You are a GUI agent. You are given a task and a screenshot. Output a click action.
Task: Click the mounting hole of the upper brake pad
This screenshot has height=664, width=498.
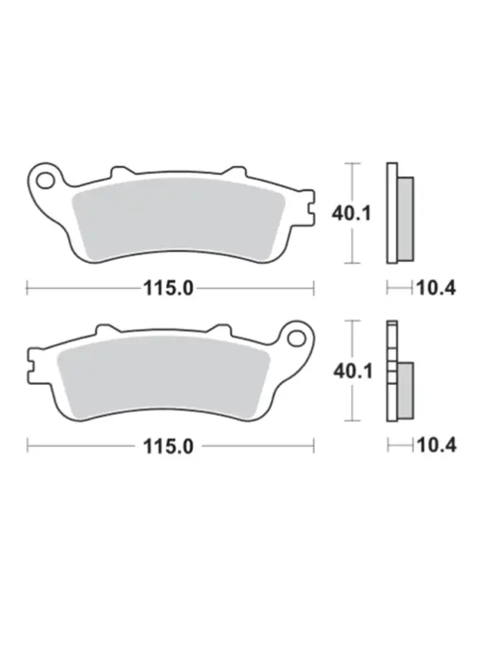(x=44, y=180)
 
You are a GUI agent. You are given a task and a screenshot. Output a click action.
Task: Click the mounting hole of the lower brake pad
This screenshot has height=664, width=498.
(x=296, y=338)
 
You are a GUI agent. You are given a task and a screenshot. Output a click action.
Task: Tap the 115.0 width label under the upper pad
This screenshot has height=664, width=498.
(x=168, y=289)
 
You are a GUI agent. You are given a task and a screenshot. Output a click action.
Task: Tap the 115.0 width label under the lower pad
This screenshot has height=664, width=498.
(x=168, y=447)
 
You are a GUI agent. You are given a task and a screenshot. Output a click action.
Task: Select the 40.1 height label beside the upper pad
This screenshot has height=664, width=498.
(x=351, y=213)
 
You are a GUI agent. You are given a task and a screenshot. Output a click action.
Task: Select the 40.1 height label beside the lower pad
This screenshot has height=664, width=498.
(x=353, y=371)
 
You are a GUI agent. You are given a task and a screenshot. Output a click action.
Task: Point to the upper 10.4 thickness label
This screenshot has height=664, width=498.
(x=437, y=289)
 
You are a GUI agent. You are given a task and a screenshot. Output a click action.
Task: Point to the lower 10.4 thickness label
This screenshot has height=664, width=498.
(x=437, y=446)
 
